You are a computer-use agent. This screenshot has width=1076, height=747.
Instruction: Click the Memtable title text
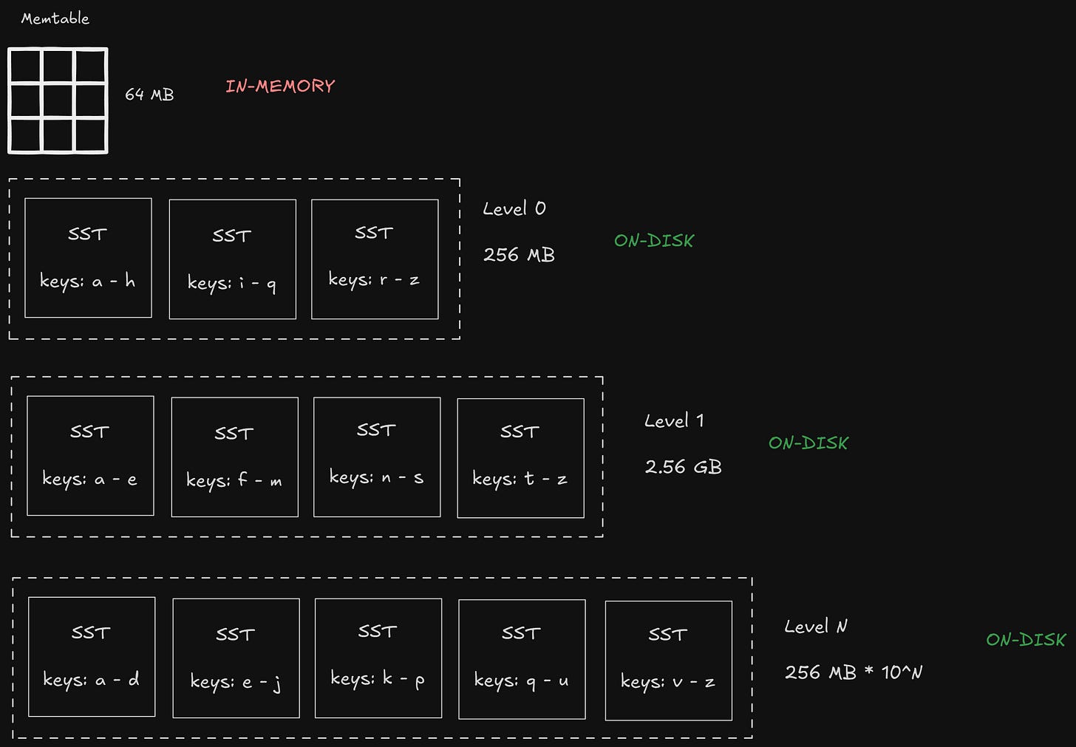(x=55, y=18)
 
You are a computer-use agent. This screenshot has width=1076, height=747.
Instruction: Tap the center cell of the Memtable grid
(x=58, y=101)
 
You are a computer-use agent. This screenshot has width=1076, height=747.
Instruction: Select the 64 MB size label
(x=149, y=95)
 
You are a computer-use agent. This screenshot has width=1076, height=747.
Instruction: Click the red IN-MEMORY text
(x=280, y=86)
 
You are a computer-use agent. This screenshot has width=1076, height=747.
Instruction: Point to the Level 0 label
(x=514, y=209)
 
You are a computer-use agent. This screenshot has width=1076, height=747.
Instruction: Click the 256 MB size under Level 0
(x=519, y=255)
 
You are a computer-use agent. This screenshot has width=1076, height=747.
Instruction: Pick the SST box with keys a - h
(x=88, y=258)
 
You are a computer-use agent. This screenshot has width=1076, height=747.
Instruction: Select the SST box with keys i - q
(x=233, y=259)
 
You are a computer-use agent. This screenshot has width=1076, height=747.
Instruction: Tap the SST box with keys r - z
(x=375, y=259)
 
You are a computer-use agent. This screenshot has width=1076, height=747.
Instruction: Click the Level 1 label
(x=674, y=421)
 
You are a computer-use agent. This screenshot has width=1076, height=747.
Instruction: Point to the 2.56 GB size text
(x=683, y=467)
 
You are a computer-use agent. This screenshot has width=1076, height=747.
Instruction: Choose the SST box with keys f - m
(x=234, y=457)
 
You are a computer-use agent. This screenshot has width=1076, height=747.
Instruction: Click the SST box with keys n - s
(x=377, y=457)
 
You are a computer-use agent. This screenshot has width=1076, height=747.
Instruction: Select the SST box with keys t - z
(x=520, y=458)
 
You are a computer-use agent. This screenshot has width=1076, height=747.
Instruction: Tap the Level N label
(x=816, y=627)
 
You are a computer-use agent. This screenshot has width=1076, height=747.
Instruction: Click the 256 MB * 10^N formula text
(x=854, y=672)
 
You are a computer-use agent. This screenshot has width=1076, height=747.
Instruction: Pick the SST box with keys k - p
(x=378, y=658)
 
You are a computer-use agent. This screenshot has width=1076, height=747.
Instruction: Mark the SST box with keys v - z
(x=668, y=661)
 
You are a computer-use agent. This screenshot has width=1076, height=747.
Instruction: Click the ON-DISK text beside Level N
(x=1026, y=640)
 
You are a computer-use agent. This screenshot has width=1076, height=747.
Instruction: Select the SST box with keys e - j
(x=236, y=658)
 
